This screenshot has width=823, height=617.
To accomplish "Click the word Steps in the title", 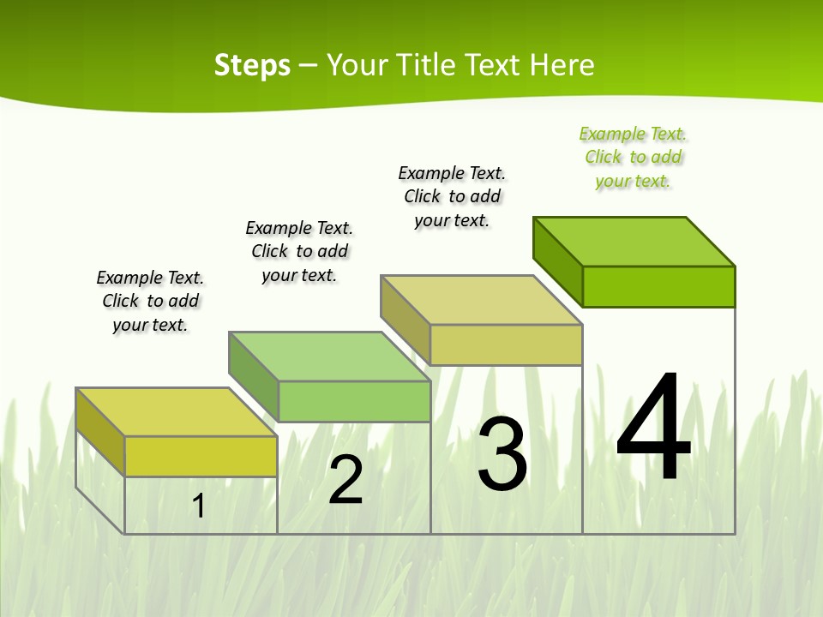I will pos(252,65).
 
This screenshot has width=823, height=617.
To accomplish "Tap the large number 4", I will pos(654,428).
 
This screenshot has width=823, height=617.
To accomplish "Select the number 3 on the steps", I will pos(502,453).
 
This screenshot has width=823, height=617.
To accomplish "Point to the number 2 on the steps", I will pos(345,480).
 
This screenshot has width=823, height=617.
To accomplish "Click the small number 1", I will pos(198,506).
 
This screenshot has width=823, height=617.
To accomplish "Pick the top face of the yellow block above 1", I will pos(177,412).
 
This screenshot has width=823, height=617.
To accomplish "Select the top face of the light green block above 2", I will pos(329,356).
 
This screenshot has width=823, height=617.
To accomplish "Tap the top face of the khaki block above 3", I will pos(482,300).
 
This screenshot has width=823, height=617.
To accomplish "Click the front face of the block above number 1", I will pos(201,456).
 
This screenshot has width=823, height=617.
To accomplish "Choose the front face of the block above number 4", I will pos(658,286).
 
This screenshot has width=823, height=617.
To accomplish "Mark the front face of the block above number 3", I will pos(506,344).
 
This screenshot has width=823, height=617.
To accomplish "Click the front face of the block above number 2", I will pos(354,401).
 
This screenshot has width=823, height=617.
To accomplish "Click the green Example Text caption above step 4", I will pos(634,157).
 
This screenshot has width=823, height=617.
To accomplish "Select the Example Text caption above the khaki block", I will pos(452,196).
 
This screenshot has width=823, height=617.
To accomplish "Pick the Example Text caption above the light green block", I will pos(299,251).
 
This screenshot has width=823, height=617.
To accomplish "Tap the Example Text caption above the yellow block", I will pos(150,301).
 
